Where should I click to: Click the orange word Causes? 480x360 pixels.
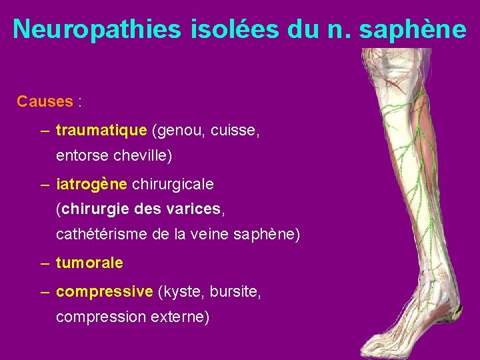coord(45,101)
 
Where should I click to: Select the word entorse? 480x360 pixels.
coord(83,156)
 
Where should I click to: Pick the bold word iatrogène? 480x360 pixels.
coord(93,183)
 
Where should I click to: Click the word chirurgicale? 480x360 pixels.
coord(173,183)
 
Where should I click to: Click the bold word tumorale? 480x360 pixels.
coord(89,263)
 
